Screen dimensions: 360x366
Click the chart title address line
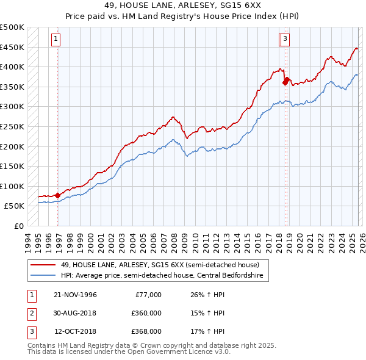pos(182,5)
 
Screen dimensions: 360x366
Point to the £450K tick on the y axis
pos(12,47)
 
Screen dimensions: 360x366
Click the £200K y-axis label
pos(12,146)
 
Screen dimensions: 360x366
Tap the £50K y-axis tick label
pos(15,206)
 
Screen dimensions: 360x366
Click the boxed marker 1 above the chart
pos(56,39)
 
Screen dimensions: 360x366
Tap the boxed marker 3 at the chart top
pos(285,39)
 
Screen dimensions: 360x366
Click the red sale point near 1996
pos(58,195)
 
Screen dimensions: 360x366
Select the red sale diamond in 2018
pos(285,80)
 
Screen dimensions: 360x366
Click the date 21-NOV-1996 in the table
pos(75,295)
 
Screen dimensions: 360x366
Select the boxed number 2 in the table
pos(31,313)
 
